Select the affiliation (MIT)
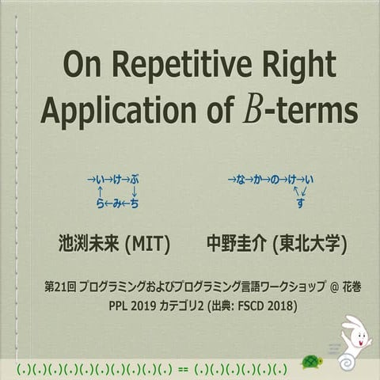(x=147, y=241)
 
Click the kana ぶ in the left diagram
(x=134, y=180)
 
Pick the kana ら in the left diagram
(x=100, y=204)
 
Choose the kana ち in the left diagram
(x=134, y=204)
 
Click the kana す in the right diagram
(x=300, y=203)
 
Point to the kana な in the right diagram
(x=242, y=180)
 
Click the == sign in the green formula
(x=184, y=368)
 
